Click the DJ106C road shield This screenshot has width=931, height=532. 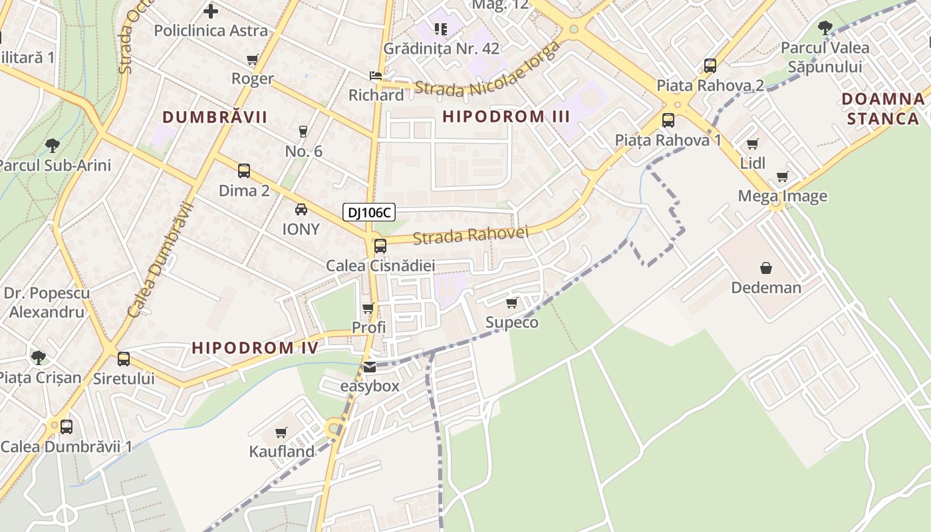[369, 213]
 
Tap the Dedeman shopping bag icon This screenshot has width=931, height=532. [766, 268]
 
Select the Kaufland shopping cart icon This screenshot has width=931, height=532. [281, 433]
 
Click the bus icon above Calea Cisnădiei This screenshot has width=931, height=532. [380, 246]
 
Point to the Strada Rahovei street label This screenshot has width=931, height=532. [470, 235]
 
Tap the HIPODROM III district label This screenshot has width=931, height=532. [506, 116]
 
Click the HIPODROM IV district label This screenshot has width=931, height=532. [255, 347]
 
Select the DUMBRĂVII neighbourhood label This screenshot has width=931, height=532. [215, 118]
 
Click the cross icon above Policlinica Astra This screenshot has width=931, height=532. [211, 11]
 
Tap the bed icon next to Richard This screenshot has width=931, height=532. [376, 76]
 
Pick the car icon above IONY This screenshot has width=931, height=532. [301, 210]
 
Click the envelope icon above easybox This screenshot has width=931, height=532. [369, 367]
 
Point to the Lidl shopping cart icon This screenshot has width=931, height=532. [753, 144]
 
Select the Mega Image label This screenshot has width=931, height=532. [782, 196]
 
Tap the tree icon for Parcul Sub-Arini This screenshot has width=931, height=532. [53, 146]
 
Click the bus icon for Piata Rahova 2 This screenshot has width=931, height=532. [710, 66]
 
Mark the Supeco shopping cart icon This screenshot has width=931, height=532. [511, 303]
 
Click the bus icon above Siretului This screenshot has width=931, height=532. [124, 359]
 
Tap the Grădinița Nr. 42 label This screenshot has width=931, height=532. [441, 49]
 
